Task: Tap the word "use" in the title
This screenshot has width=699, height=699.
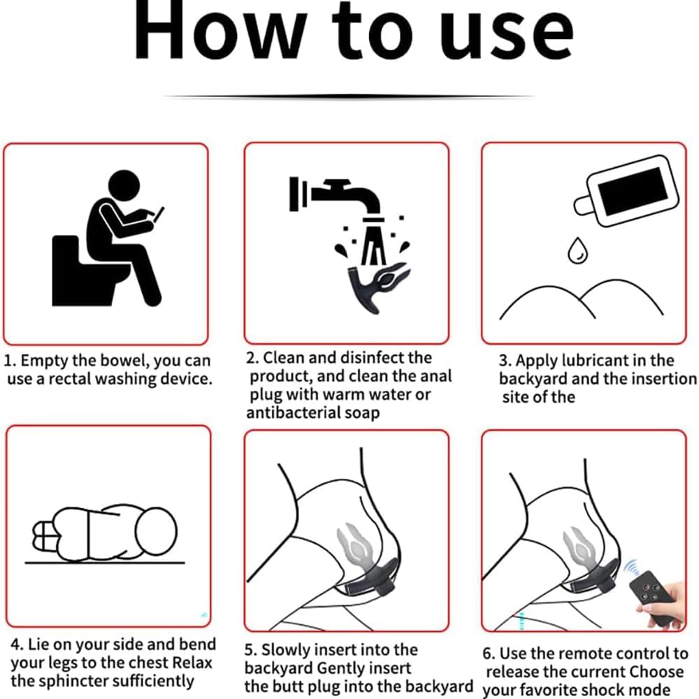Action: pos(505,36)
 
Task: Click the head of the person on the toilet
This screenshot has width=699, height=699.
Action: pos(124,185)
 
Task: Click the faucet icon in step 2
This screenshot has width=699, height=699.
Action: pos(335,196)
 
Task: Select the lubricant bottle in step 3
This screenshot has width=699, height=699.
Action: pos(626,191)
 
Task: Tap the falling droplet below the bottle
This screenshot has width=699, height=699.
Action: pos(577,250)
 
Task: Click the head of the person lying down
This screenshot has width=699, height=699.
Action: pos(156,532)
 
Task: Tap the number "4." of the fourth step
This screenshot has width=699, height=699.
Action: pos(17,644)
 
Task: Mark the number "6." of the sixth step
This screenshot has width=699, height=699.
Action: pos(489,654)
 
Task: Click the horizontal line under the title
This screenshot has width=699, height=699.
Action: pos(349,96)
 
